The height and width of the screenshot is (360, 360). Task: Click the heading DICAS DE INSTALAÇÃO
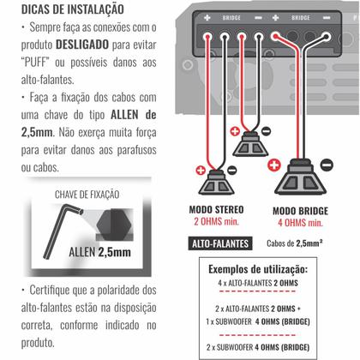(63, 9)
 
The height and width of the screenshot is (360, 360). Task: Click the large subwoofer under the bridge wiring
(302, 181)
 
